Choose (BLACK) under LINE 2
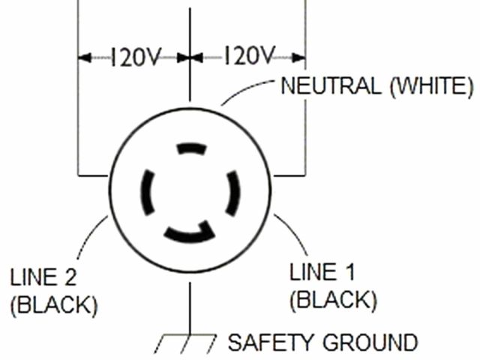coord(53,305)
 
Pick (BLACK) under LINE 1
coord(332,299)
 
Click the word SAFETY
coord(271,343)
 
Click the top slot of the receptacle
coord(190,148)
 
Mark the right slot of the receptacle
coord(233,193)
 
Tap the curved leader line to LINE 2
coord(87,238)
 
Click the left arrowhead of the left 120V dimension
coord(84,57)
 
